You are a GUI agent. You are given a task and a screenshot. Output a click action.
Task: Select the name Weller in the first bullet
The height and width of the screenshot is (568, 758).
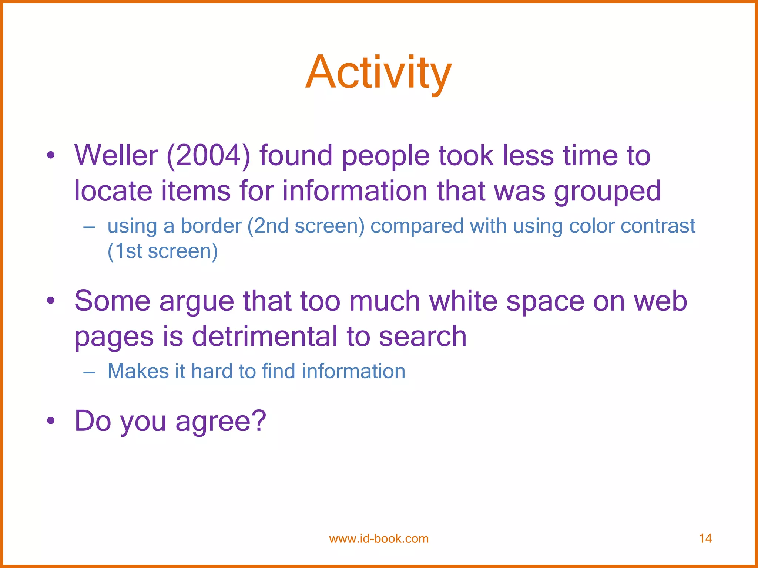click(x=116, y=155)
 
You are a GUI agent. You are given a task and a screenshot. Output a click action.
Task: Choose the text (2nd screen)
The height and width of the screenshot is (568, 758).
click(x=306, y=226)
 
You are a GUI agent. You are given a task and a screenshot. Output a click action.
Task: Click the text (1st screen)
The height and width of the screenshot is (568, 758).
click(x=162, y=251)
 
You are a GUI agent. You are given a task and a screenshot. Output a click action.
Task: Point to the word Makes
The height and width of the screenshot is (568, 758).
click(x=138, y=371)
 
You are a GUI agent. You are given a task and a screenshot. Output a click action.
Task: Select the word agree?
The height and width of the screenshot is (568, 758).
click(x=221, y=421)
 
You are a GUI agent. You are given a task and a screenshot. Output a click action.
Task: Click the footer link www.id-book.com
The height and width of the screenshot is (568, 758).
click(x=379, y=538)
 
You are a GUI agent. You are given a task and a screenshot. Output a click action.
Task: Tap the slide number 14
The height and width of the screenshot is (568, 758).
click(x=705, y=538)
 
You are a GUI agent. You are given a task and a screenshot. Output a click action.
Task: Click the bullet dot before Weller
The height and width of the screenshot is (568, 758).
click(x=51, y=156)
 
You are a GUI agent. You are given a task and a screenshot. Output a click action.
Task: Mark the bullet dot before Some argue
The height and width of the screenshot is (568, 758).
click(x=51, y=301)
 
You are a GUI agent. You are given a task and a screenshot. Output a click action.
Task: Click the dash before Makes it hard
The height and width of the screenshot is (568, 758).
click(x=89, y=372)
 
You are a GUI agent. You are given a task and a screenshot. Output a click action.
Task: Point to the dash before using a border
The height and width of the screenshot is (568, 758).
click(x=89, y=227)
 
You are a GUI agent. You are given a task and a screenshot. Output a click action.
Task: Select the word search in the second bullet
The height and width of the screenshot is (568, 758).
click(x=423, y=336)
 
